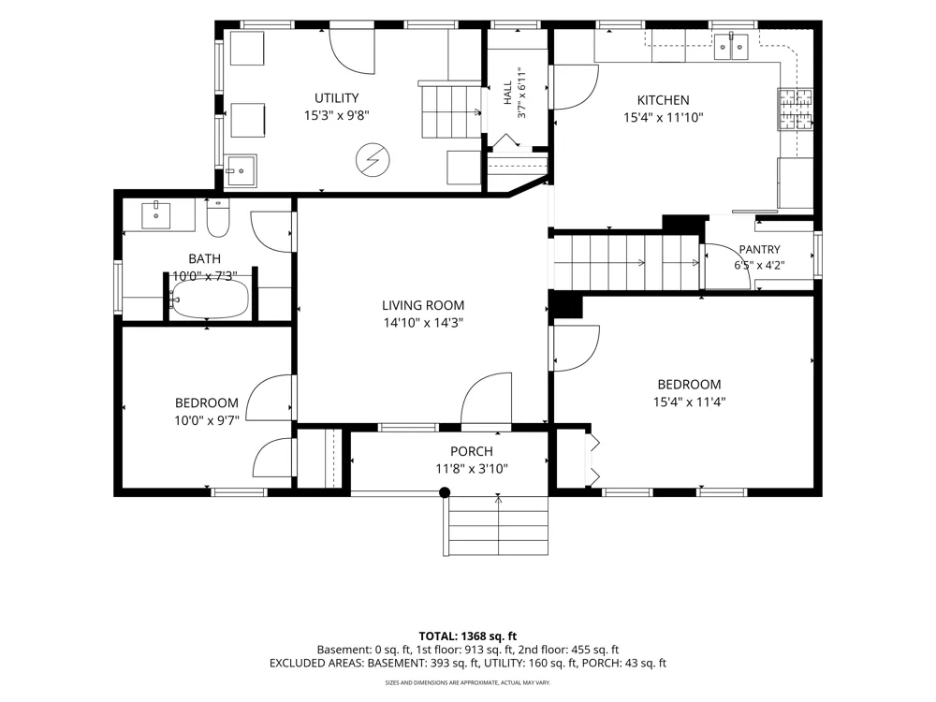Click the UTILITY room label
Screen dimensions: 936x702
tap(337, 98)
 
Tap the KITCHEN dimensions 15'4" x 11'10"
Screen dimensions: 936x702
tap(664, 118)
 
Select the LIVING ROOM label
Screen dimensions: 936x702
tap(423, 306)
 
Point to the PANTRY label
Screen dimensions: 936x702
tap(759, 250)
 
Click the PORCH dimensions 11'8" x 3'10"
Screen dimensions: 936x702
tap(472, 469)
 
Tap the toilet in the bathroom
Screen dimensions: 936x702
tap(217, 218)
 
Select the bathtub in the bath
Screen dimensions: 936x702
tap(210, 299)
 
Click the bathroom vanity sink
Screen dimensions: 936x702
tap(155, 215)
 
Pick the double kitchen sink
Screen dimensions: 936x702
tap(731, 47)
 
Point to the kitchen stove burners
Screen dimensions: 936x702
tap(795, 109)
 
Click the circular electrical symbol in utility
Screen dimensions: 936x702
tap(373, 160)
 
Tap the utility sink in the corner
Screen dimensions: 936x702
tap(241, 170)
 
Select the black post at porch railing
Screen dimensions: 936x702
tap(445, 492)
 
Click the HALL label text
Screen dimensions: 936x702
tap(507, 93)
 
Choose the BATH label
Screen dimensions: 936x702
tap(205, 259)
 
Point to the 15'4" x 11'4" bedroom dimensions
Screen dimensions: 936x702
tap(689, 402)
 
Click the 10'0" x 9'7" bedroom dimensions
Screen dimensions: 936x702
tap(207, 421)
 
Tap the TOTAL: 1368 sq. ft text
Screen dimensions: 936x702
tap(468, 636)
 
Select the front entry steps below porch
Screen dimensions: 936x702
tap(496, 525)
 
